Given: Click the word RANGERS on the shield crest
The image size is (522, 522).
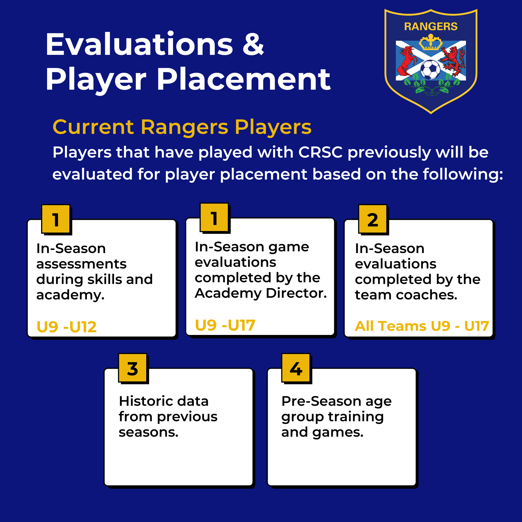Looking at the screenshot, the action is pyautogui.click(x=431, y=27).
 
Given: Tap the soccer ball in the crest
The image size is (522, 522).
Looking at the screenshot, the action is pyautogui.click(x=430, y=69).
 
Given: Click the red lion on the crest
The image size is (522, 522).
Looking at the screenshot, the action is pyautogui.click(x=454, y=61).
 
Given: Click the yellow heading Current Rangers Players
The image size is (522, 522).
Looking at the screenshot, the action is pyautogui.click(x=182, y=127).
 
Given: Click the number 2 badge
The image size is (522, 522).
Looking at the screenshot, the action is pyautogui.click(x=373, y=219).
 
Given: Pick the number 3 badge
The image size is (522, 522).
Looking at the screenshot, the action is pyautogui.click(x=133, y=368).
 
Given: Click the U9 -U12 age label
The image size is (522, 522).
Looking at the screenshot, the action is pyautogui.click(x=66, y=327).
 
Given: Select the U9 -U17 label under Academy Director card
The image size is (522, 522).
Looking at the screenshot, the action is pyautogui.click(x=225, y=325).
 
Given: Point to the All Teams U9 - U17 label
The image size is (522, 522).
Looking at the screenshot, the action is pyautogui.click(x=422, y=326).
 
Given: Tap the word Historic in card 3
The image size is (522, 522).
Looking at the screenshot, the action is pyautogui.click(x=144, y=401).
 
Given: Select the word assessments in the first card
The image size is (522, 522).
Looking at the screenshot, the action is pyautogui.click(x=81, y=264).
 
